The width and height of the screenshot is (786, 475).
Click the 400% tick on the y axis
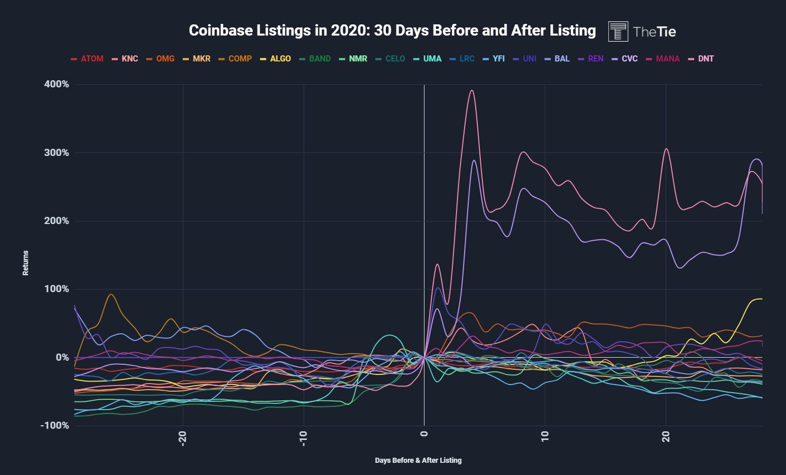pyautogui.click(x=56, y=84)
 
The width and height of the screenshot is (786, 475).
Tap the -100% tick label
pyautogui.click(x=54, y=425)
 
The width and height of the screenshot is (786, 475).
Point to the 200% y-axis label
pyautogui.click(x=56, y=220)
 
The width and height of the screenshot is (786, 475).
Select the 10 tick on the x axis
pyautogui.click(x=545, y=436)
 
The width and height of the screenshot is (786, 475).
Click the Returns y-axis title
pyautogui.click(x=25, y=263)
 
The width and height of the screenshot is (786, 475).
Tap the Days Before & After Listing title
pyautogui.click(x=418, y=460)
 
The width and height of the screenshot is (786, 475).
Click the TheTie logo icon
pyautogui.click(x=618, y=31)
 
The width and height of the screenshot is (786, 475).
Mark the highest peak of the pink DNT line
pyautogui.click(x=472, y=90)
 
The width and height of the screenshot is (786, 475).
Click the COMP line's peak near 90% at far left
pyautogui.click(x=111, y=294)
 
